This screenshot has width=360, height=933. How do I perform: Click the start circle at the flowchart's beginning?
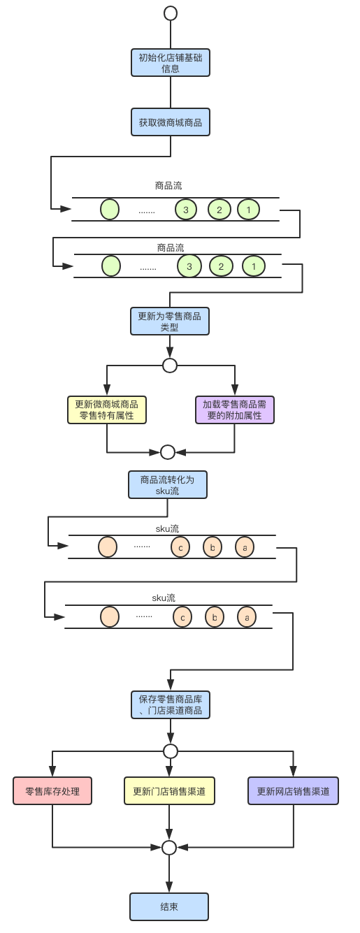[x=170, y=13]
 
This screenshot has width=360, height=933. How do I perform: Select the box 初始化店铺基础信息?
[x=170, y=63]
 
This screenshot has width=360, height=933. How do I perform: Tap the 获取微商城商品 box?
[x=170, y=122]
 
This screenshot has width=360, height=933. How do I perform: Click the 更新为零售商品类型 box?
[x=169, y=321]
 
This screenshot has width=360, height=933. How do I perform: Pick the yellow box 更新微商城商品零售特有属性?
[x=106, y=410]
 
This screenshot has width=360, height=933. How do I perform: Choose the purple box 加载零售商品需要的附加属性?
[x=234, y=410]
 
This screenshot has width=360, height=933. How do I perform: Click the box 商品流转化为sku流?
[x=168, y=484]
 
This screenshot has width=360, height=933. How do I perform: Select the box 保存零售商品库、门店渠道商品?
[x=170, y=705]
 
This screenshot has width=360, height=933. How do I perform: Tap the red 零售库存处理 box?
[x=52, y=791]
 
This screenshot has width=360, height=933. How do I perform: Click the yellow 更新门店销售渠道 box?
[x=169, y=791]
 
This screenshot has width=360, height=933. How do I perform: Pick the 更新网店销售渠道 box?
[x=293, y=791]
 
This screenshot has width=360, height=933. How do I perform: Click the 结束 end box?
[x=169, y=906]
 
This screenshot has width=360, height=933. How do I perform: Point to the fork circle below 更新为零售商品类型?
[x=169, y=366]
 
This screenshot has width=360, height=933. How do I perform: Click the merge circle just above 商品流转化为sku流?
[x=168, y=452]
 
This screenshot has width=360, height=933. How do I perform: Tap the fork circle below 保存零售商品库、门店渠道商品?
[x=170, y=751]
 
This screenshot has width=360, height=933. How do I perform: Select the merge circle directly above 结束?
[x=169, y=848]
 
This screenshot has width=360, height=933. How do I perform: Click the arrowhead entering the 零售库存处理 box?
[x=52, y=772]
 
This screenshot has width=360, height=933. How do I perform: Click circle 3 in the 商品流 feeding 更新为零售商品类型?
[x=189, y=266]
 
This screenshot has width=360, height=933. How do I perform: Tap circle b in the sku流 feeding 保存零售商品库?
[x=215, y=617]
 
